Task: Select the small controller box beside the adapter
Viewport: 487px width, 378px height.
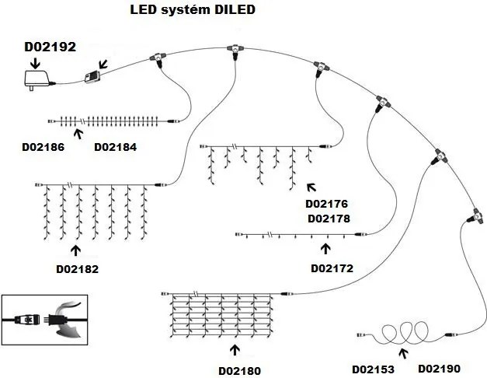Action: point(94,74)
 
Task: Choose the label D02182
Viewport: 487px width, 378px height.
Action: point(77,269)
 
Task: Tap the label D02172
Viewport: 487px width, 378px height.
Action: point(332,268)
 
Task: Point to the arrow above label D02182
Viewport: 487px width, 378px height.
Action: point(75,250)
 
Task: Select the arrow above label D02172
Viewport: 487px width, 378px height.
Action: point(325,249)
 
